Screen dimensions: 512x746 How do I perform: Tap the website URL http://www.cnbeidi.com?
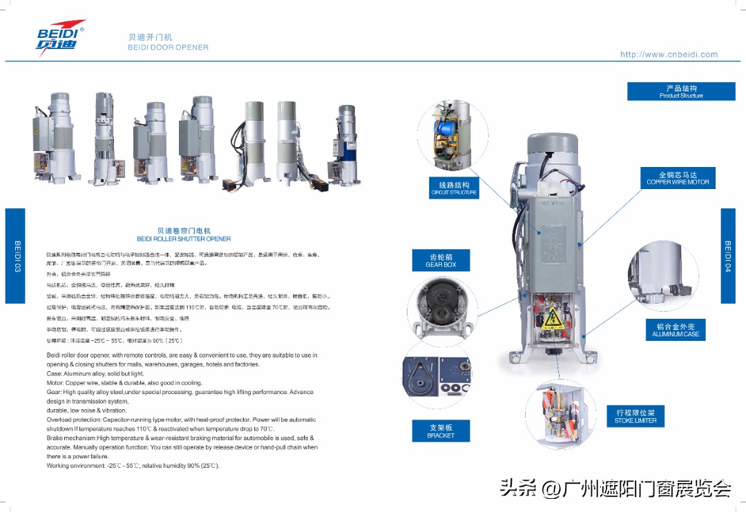pos(669,55)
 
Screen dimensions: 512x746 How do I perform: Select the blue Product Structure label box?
pos(680,91)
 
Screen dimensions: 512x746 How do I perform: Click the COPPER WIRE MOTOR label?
pos(678,178)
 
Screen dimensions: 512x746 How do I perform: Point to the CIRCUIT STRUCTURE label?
pos(454,188)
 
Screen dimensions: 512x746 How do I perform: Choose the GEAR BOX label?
pos(440,260)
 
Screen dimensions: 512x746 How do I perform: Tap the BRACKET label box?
pos(441,431)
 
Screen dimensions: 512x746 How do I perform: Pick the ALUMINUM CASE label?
pos(675,330)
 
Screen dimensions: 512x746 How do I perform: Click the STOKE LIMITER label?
pos(635,416)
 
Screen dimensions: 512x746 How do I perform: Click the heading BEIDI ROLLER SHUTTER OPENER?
pos(184,235)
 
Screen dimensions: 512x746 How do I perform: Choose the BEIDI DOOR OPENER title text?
pos(168,48)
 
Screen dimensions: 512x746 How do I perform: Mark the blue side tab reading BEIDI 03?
pos(16,255)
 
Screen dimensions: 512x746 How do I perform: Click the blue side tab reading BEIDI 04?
pos(728,255)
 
